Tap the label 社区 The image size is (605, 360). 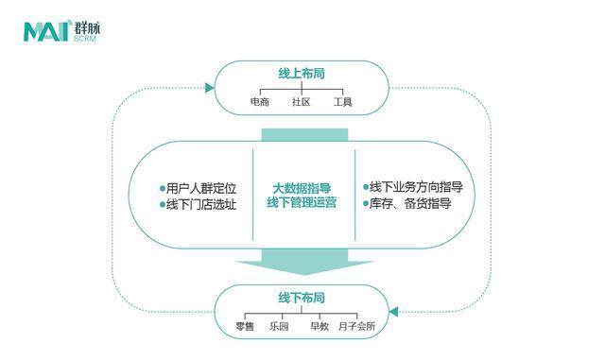pos(301,101)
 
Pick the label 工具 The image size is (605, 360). pos(342,101)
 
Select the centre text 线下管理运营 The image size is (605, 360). pos(302,203)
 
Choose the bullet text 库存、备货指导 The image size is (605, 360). pos(407,203)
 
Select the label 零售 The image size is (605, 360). pos(245,326)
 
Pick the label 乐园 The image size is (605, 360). pos(278,326)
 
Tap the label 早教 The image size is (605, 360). pos(320,326)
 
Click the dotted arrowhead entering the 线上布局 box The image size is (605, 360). pos(209,88)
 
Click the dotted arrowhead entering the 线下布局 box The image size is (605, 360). pos(394,311)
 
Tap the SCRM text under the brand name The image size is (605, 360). pos(84,39)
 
